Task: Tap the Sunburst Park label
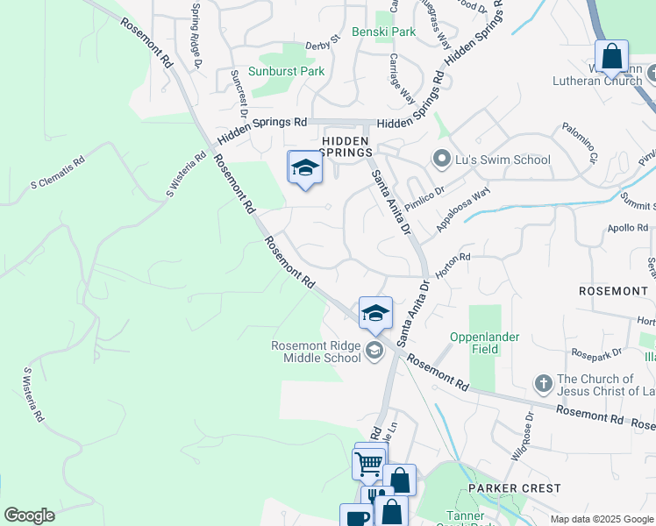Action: [286, 72]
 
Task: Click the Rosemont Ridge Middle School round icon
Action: [374, 352]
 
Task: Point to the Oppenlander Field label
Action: [485, 343]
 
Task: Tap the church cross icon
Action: [544, 384]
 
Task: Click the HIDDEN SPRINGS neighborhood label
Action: [345, 146]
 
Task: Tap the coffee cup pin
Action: [356, 517]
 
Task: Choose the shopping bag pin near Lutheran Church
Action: [611, 57]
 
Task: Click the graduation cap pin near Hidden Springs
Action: [305, 167]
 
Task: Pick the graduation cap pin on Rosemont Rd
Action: [375, 313]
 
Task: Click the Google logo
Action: [29, 515]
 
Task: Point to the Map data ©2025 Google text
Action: [602, 519]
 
